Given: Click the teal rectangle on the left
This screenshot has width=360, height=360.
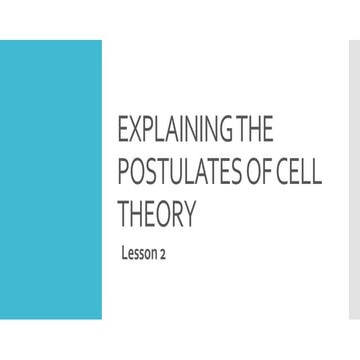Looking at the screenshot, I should pyautogui.click(x=51, y=180).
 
